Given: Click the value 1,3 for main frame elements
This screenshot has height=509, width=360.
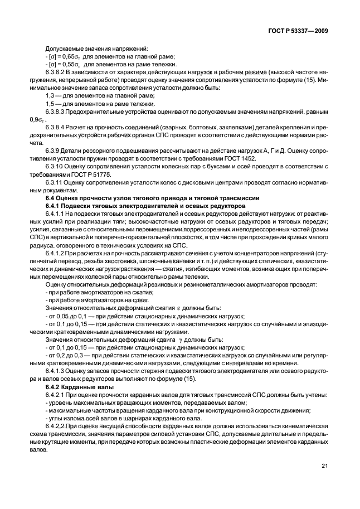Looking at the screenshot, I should pyautogui.click(x=50, y=96).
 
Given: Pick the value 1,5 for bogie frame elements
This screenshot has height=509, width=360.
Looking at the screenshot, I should pyautogui.click(x=50, y=104).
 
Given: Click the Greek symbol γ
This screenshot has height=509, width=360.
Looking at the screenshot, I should pyautogui.click(x=181, y=339).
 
